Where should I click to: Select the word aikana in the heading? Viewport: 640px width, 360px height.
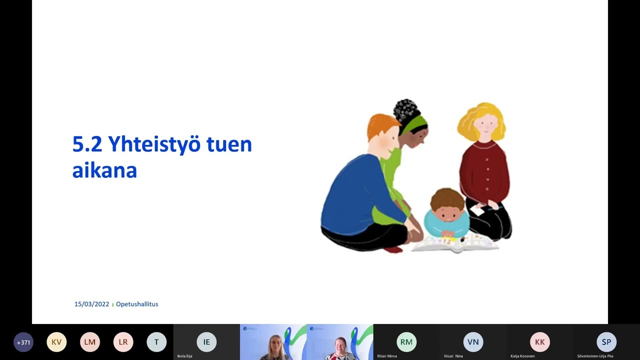click(104, 170)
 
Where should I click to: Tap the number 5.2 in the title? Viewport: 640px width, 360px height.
click(87, 144)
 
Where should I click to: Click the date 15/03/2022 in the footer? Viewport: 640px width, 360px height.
click(91, 304)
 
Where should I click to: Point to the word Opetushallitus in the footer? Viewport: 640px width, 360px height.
click(137, 304)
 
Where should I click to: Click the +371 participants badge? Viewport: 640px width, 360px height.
click(23, 342)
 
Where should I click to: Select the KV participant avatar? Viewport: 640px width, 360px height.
click(56, 342)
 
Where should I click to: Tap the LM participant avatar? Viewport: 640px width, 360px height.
click(90, 342)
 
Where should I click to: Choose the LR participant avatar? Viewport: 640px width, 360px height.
click(123, 342)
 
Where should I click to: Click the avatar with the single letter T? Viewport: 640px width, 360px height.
click(156, 342)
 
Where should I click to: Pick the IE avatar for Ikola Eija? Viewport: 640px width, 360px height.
click(206, 342)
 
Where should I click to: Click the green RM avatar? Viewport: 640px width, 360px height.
click(406, 342)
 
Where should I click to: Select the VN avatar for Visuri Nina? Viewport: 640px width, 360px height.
click(473, 342)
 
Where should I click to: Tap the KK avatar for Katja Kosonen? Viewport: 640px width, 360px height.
click(540, 342)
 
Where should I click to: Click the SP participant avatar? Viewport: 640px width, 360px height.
click(606, 342)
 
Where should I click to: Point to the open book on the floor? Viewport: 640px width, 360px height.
click(455, 244)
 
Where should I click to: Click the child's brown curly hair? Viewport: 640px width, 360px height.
click(447, 198)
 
